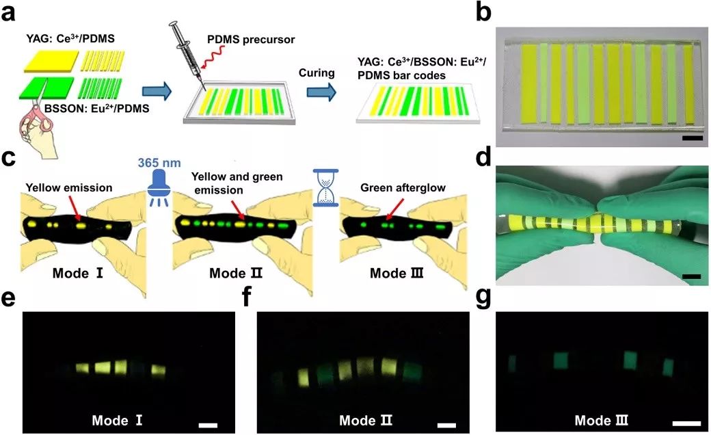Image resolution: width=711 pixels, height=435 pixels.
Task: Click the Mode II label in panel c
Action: (x=237, y=274)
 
